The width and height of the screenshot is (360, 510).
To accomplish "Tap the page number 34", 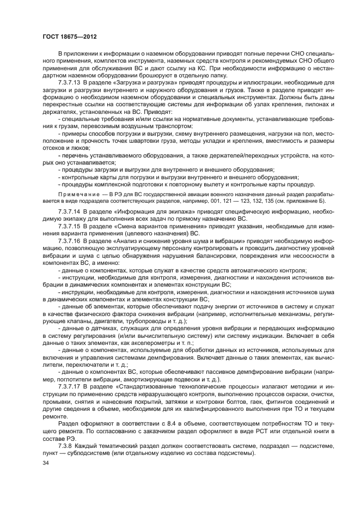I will pos(46,463).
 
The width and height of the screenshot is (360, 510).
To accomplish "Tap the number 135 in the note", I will pos(271,201).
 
